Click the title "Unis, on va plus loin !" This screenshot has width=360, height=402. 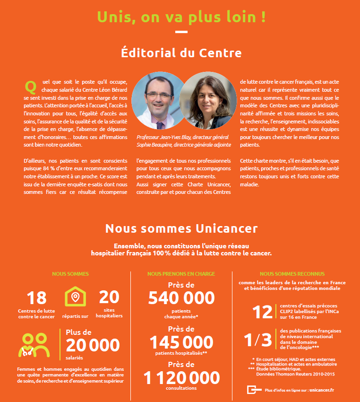point(181,17)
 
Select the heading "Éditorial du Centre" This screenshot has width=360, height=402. point(181,52)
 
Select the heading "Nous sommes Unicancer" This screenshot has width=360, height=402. point(181,228)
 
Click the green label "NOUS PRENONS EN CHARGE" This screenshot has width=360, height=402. point(181,274)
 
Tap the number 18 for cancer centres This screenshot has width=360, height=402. point(36,298)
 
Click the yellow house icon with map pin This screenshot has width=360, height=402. point(75,297)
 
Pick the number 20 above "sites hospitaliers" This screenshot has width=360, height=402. point(109,297)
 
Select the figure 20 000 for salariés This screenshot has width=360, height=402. point(93,346)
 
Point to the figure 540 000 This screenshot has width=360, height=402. point(181,298)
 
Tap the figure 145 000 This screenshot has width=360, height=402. point(181,342)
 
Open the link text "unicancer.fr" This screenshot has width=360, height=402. point(322,390)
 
